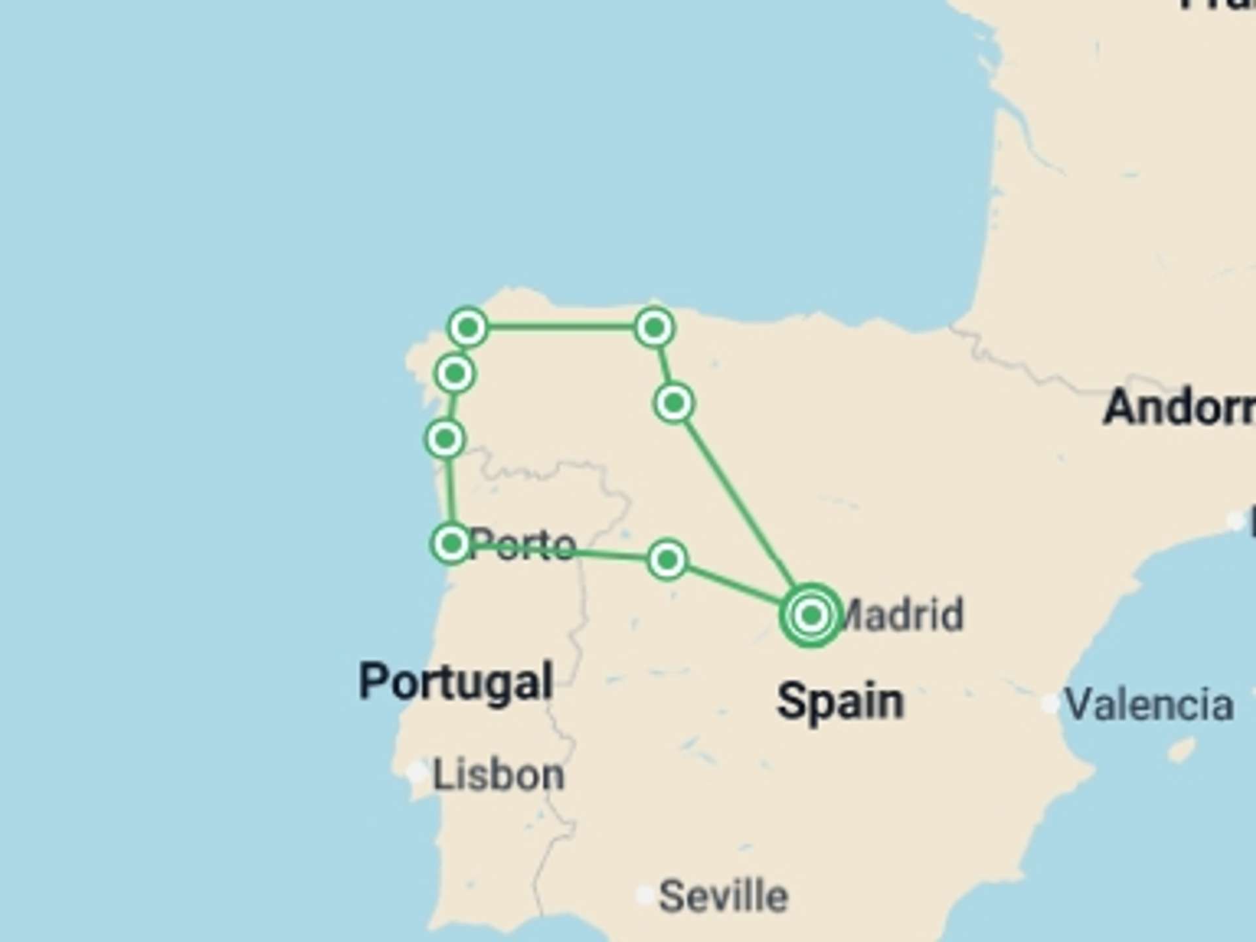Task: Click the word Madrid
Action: point(903,615)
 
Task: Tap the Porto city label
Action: point(523,544)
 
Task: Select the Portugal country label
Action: point(457,682)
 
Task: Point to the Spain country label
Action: point(841,701)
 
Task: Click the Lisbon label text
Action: point(498,775)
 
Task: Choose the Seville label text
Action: point(723,896)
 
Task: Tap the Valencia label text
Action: point(1149,705)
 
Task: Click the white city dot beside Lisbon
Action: point(417,773)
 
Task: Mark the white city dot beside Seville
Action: point(645,895)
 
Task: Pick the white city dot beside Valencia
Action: point(1050,704)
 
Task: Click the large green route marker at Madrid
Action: point(811,615)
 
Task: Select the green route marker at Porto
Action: point(451,543)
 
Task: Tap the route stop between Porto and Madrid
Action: point(667,560)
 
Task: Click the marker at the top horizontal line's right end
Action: point(654,327)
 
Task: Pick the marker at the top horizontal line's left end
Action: point(468,326)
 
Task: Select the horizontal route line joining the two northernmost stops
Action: point(561,326)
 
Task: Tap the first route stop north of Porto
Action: point(445,438)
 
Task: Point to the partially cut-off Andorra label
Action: point(1177,408)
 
